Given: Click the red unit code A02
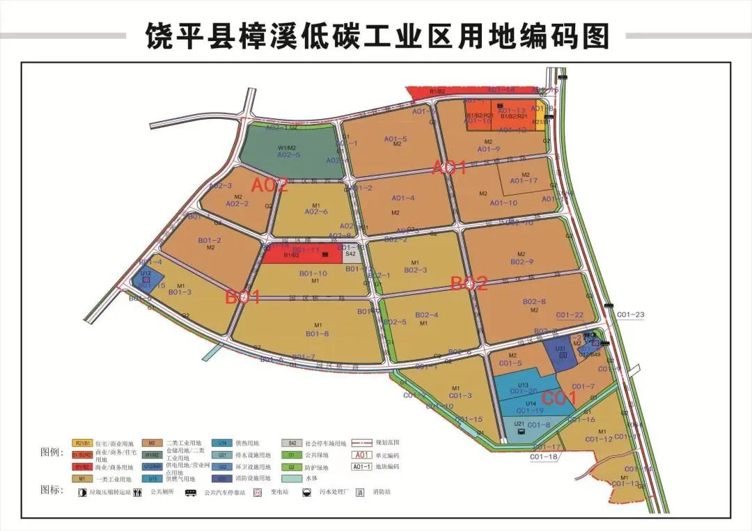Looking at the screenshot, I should click(x=269, y=186).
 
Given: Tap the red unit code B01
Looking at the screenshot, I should click(x=242, y=298).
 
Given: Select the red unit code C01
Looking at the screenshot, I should click(x=559, y=399).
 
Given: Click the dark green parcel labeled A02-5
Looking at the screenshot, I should click(x=289, y=150).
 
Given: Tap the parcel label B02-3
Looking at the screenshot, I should click(x=415, y=269).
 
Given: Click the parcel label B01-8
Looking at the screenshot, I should click(x=317, y=333).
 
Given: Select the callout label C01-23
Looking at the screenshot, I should click(x=630, y=315).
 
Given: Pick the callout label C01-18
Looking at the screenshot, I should click(x=544, y=457).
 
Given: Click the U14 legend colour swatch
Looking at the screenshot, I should click(x=222, y=443).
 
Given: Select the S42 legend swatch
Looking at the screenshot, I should click(x=292, y=443).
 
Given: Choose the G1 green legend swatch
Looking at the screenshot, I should click(x=292, y=455).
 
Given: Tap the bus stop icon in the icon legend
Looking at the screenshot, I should click(x=189, y=492).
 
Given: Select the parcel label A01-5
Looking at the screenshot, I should click(x=395, y=139).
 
